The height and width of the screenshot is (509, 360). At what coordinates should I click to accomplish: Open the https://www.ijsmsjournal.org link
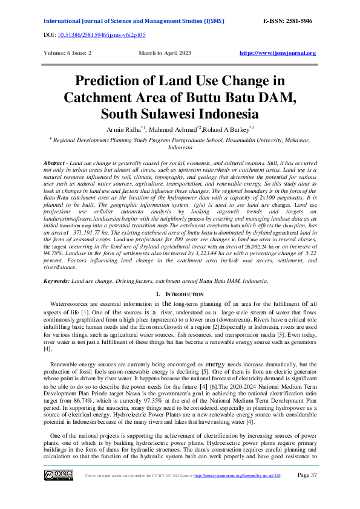[x=278, y=53]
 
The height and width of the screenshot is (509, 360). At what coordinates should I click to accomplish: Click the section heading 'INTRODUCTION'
[x=184, y=294]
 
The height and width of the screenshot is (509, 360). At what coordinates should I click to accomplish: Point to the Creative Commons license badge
[x=56, y=475]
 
